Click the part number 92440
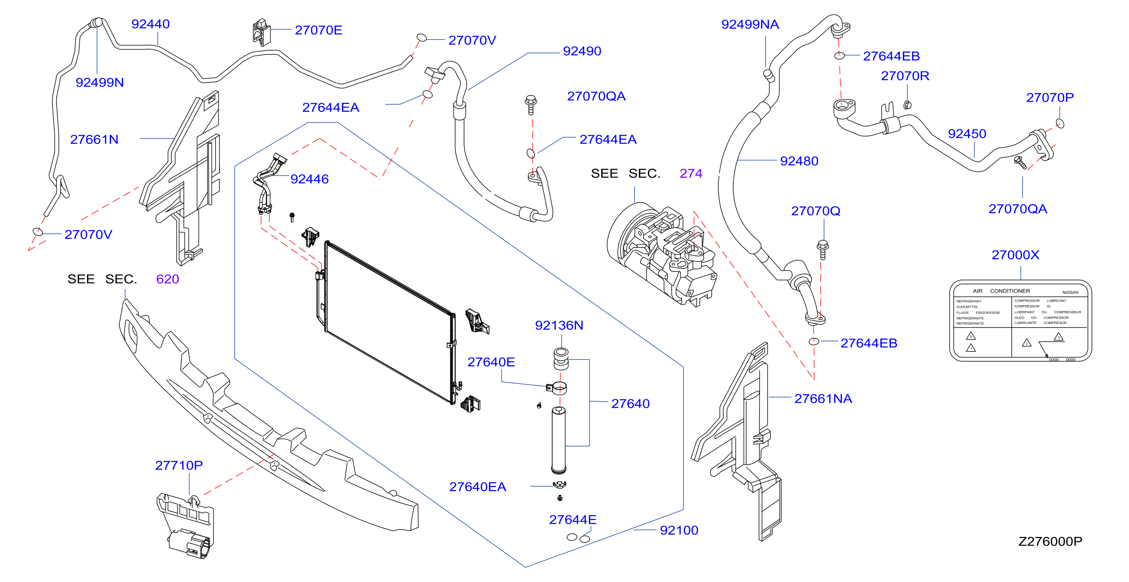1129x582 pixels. [150, 24]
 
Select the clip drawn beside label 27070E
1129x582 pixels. [262, 32]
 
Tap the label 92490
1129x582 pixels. [582, 51]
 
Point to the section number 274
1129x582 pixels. [691, 174]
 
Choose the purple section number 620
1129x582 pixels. [167, 279]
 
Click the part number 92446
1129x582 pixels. [310, 179]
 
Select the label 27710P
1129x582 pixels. [179, 466]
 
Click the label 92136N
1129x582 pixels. [559, 326]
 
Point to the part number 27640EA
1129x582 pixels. [478, 487]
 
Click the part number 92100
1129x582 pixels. [679, 530]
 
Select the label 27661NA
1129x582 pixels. [823, 399]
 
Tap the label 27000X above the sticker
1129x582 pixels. [1015, 255]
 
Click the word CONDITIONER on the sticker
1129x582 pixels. [1010, 291]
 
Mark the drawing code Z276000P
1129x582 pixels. [1050, 542]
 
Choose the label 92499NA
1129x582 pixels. [750, 25]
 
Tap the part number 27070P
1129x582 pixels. [1050, 97]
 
